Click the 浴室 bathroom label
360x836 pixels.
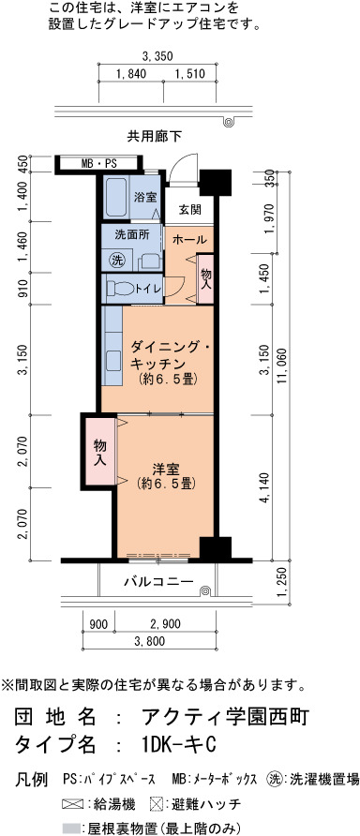click(144, 197)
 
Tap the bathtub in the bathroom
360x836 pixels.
click(114, 196)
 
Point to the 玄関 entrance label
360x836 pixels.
click(189, 210)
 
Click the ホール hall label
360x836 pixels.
click(189, 240)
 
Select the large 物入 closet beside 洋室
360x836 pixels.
click(99, 451)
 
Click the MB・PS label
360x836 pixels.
click(98, 164)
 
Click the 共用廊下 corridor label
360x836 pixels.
click(155, 137)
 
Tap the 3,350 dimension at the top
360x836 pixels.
click(157, 55)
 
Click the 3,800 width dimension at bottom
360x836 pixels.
click(149, 641)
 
